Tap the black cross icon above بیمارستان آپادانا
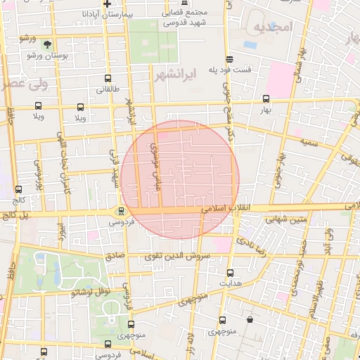point(106,4)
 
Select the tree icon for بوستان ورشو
point(47,44)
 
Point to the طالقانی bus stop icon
point(108,79)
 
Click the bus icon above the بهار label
point(265,99)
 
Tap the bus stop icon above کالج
point(18,189)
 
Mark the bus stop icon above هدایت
point(230,272)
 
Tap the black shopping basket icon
point(250,319)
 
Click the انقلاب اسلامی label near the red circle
point(221,209)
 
